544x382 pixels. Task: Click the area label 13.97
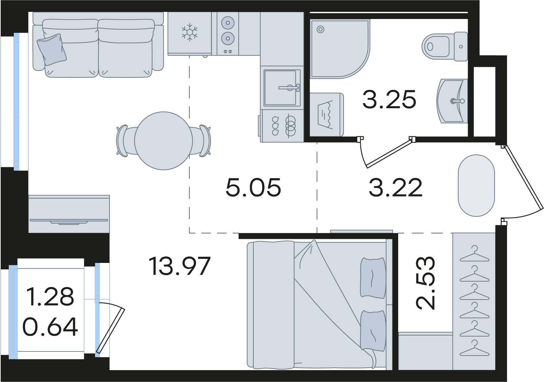[x=179, y=266]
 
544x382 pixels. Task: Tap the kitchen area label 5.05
[x=253, y=187]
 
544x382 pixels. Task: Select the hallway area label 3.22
[x=395, y=187]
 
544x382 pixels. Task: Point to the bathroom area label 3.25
[x=389, y=99]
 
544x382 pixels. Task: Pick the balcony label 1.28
[x=50, y=297]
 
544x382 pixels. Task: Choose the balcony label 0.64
[x=50, y=327]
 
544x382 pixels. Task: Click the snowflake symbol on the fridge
[x=190, y=32]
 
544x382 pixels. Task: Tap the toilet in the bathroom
[x=444, y=46]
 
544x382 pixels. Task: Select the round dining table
[x=163, y=141]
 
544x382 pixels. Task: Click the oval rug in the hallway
[x=476, y=186]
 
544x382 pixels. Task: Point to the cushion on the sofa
[x=52, y=50]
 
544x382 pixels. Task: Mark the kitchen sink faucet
[x=290, y=88]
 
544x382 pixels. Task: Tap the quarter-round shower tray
[x=340, y=49]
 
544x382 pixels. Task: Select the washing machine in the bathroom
[x=327, y=114]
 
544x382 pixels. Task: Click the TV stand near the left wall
[x=69, y=214]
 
